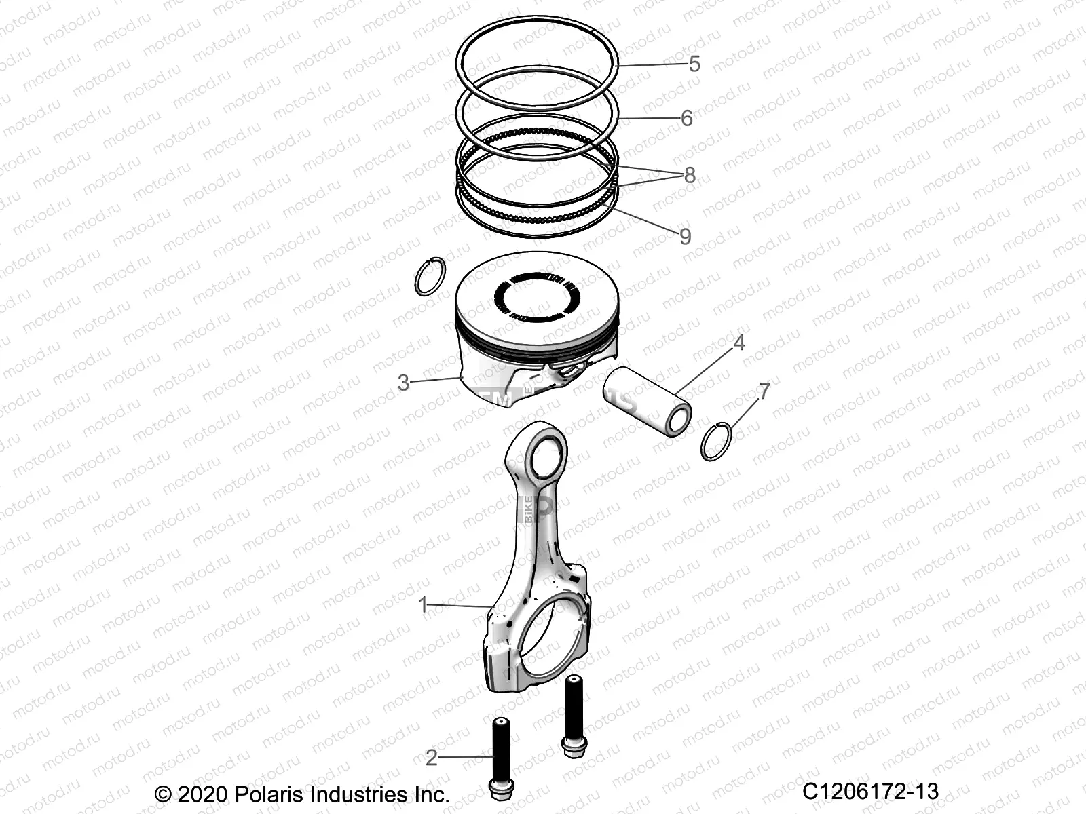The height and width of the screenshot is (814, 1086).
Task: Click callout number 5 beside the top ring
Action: pos(694,64)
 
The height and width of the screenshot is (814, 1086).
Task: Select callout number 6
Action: pos(686,119)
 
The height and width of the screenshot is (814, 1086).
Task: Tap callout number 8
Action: pos(690,176)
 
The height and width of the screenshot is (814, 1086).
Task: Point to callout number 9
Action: pos(686,236)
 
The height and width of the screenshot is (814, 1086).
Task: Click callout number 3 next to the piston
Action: pos(403,383)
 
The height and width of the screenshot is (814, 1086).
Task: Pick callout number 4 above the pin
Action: pos(739,343)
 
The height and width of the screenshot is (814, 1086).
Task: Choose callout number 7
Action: pos(764,391)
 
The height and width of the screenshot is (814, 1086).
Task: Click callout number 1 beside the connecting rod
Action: pos(424,604)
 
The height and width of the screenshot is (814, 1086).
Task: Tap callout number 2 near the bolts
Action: pos(432,758)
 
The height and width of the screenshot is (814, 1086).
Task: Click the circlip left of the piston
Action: pos(430,277)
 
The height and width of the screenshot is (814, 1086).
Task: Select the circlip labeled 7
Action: pos(716,441)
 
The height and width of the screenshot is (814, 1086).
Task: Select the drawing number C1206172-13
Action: pos(870,791)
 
